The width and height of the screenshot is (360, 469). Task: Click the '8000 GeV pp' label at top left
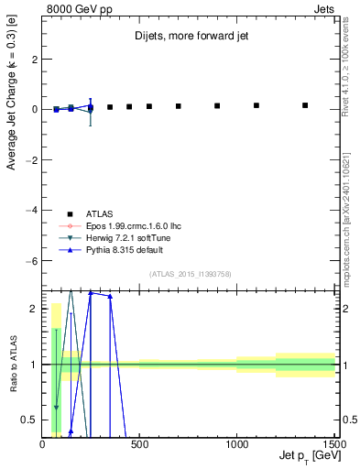[74, 8]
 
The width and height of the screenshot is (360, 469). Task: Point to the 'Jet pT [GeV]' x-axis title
[304, 456]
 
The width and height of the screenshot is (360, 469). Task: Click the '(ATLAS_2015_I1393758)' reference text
[190, 273]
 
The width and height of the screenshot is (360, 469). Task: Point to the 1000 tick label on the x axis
[236, 445]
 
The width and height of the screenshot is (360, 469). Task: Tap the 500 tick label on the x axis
[139, 445]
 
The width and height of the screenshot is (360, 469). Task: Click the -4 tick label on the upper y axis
[31, 211]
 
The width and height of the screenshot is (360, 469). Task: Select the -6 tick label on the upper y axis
[31, 261]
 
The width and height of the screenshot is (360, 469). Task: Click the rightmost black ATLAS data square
[305, 105]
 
